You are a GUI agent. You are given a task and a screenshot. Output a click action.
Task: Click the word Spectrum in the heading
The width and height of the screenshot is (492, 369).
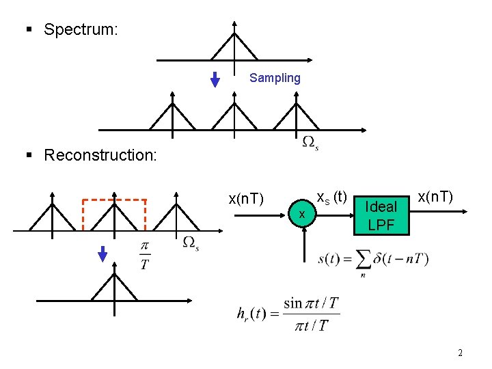pyautogui.click(x=81, y=29)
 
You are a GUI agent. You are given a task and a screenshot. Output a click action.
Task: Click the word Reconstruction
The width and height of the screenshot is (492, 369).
pyautogui.click(x=100, y=155)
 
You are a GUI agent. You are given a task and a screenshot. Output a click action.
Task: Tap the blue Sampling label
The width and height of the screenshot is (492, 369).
pyautogui.click(x=275, y=78)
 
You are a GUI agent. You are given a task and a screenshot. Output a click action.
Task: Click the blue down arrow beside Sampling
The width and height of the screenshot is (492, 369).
pyautogui.click(x=215, y=79)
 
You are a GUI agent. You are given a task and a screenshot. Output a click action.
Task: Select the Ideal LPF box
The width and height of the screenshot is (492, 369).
pyautogui.click(x=381, y=215)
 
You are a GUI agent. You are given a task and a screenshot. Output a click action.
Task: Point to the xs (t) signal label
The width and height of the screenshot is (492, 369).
pyautogui.click(x=333, y=197)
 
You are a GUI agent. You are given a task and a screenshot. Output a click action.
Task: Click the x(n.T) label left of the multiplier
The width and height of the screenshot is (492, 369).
pyautogui.click(x=246, y=199)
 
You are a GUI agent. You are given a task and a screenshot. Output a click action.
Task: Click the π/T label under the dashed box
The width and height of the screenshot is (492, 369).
pyautogui.click(x=145, y=255)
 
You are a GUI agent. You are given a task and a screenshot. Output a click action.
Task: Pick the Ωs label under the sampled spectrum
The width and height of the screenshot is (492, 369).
pyautogui.click(x=310, y=143)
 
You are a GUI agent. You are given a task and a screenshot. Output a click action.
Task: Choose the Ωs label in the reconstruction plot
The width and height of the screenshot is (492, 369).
pyautogui.click(x=191, y=243)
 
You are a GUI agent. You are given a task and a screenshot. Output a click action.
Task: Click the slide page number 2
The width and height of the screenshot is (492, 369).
pyautogui.click(x=460, y=353)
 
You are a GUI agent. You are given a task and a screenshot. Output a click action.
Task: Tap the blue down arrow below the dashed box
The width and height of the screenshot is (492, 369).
pyautogui.click(x=102, y=254)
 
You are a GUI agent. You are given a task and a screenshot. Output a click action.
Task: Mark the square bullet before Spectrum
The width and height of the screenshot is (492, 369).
pyautogui.click(x=29, y=29)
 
